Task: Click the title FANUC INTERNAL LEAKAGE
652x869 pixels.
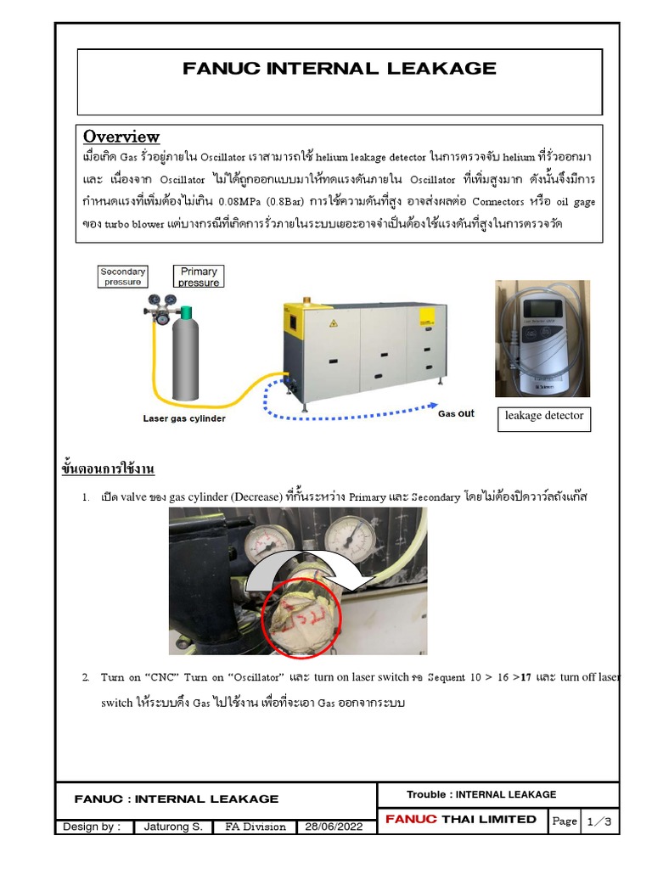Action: click(340, 69)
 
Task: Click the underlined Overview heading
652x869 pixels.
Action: click(121, 137)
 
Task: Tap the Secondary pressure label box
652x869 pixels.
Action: click(123, 277)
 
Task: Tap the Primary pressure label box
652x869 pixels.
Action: click(199, 277)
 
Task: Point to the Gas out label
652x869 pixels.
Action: click(456, 414)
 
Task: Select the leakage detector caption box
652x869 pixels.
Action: click(544, 416)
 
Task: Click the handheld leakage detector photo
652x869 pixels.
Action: click(542, 338)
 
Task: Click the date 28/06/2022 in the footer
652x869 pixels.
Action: click(336, 827)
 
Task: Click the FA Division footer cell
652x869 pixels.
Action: click(255, 827)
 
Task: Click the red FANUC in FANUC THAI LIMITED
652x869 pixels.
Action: click(411, 819)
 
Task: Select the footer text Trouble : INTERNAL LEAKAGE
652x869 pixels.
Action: click(481, 794)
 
